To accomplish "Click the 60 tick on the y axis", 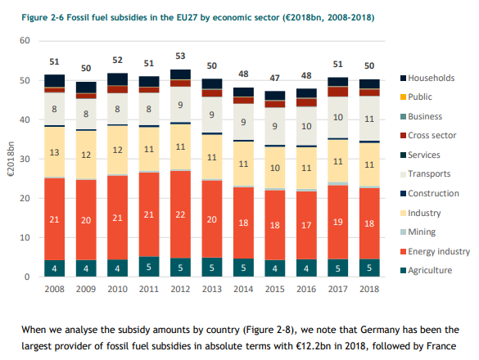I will pos(26,41).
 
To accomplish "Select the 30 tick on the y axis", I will pos(26,160).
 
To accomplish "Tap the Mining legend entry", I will pos(425,232).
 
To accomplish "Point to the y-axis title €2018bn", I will pos(11,160).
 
